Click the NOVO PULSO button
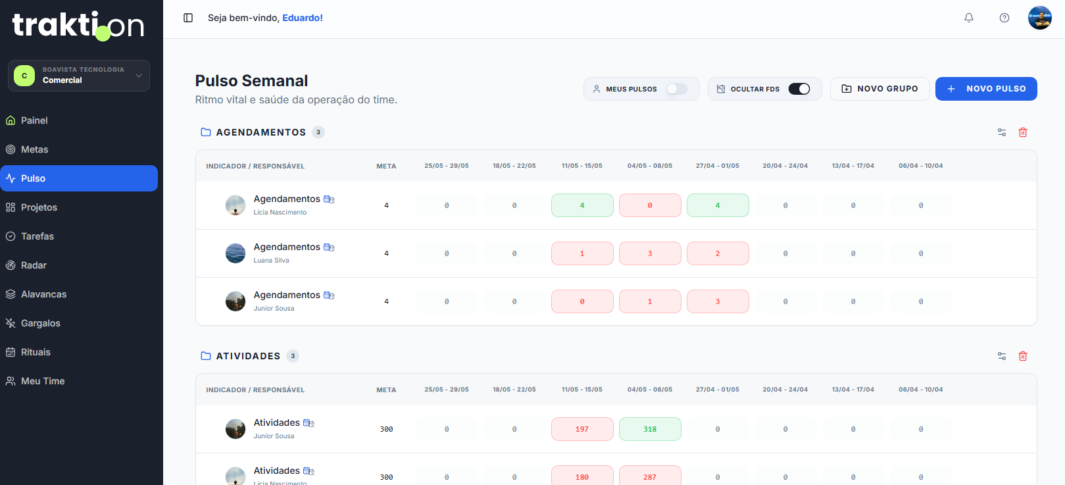(x=986, y=89)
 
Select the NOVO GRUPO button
(x=879, y=89)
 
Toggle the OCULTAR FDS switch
(x=799, y=89)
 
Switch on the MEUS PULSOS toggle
(x=676, y=89)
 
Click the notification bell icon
(x=968, y=18)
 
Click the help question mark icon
(x=1004, y=18)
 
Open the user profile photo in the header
(x=1040, y=18)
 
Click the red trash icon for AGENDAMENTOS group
(x=1023, y=132)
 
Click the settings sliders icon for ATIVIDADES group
(x=1002, y=356)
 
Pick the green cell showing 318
(x=650, y=429)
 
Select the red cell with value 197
(x=582, y=429)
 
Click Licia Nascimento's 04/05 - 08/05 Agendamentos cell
(x=650, y=205)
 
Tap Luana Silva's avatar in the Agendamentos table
(x=235, y=253)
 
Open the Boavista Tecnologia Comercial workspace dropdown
(x=79, y=76)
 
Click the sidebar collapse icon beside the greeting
(x=188, y=18)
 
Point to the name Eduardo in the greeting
(x=303, y=18)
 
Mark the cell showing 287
(x=650, y=476)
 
